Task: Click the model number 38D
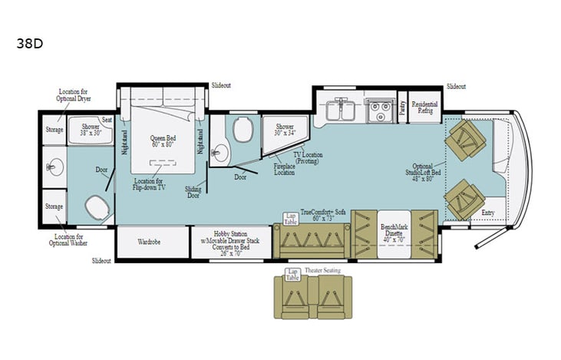29,43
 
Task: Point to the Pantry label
403,108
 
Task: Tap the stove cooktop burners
377,109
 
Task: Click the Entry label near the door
488,212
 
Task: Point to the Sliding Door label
193,191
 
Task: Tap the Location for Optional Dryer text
74,95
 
